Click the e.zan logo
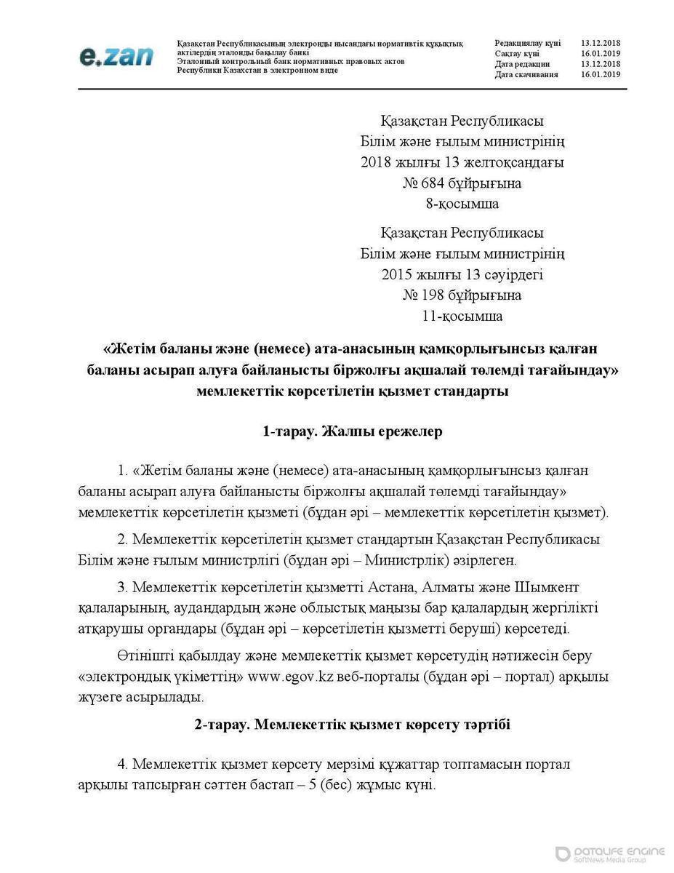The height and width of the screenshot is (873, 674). (x=116, y=55)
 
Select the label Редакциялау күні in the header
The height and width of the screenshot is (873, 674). (x=527, y=44)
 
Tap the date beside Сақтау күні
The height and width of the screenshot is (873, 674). (x=600, y=54)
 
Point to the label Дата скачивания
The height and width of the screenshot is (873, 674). (x=527, y=74)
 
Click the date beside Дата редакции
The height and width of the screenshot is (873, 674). (x=600, y=64)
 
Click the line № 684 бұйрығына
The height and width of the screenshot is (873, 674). (x=462, y=183)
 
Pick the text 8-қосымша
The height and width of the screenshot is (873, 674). (x=462, y=203)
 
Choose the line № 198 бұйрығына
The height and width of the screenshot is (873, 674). (x=462, y=295)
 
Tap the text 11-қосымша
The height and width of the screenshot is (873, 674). (x=462, y=316)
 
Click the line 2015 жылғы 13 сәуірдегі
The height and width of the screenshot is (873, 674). (x=462, y=275)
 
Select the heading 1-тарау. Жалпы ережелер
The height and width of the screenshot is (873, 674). (x=353, y=431)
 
